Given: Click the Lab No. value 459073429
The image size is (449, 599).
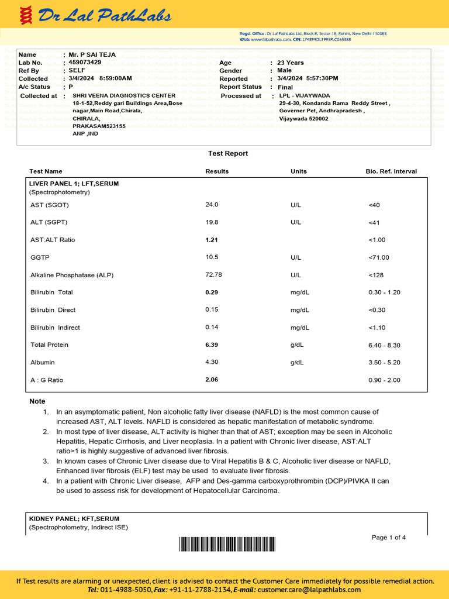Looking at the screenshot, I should point(85,62).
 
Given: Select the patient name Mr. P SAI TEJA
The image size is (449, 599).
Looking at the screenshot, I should point(92,54).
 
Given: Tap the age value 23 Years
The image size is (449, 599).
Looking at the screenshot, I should point(291,63).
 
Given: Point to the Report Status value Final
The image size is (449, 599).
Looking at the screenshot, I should point(285,87).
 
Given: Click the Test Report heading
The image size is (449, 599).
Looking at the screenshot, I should point(228,153).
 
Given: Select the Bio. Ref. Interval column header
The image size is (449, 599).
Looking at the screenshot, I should point(391,171).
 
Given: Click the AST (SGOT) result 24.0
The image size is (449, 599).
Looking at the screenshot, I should point(212,205).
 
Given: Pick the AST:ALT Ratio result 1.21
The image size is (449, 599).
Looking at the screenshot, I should point(212,240).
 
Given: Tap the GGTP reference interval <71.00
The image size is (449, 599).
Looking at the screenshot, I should point(379,257).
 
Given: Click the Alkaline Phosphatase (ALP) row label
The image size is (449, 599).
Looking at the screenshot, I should point(72,275).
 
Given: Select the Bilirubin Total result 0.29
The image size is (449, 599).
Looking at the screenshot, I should point(212,292).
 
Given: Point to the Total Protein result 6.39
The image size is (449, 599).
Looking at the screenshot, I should point(212,345).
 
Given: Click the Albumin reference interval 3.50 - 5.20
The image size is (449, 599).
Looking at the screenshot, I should point(384,363).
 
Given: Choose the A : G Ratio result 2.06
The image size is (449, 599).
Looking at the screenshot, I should point(212,380).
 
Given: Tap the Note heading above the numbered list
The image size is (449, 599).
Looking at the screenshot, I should point(37,401).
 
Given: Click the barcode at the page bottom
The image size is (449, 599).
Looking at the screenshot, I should point(257,545).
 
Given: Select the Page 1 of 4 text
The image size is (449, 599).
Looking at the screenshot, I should point(389,538).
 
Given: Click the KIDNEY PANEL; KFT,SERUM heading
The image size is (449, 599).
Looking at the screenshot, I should point(74,519).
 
